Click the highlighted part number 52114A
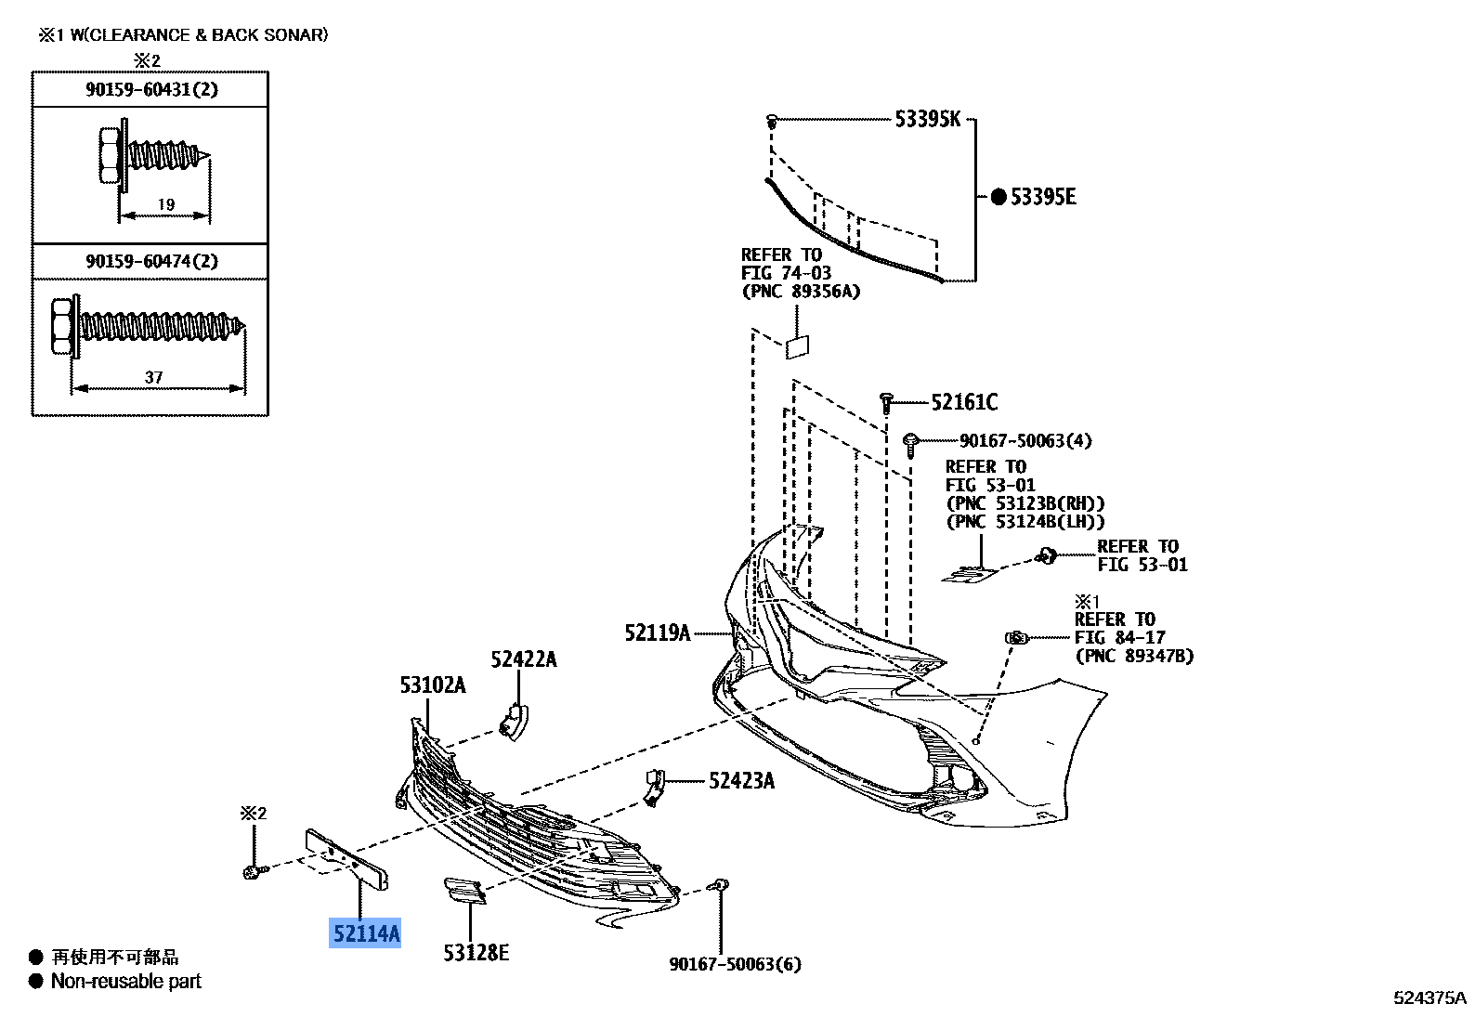point(365,933)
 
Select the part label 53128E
point(476,953)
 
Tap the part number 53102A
point(433,685)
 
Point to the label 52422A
point(524,658)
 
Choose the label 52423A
point(741,781)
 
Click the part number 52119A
point(658,632)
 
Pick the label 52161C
point(964,401)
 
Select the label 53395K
point(928,119)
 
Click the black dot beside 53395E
point(999,197)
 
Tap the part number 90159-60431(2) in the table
point(151,89)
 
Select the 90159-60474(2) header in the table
point(151,261)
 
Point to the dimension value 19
point(166,204)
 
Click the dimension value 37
point(153,377)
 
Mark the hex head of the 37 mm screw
point(61,327)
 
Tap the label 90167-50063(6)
point(735,964)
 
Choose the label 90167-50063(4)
point(1025,441)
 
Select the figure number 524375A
point(1429,997)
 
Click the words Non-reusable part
point(125,982)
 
